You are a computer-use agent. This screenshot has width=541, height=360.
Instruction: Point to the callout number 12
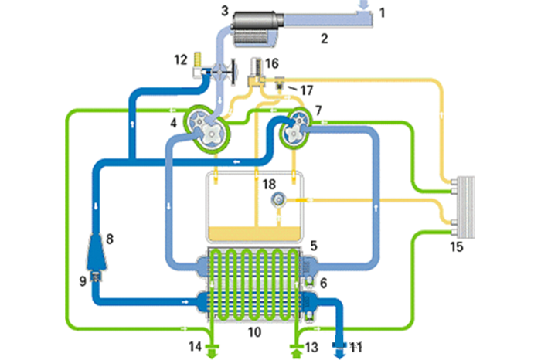(x=181, y=59)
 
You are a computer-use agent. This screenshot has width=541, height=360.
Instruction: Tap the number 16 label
(x=271, y=63)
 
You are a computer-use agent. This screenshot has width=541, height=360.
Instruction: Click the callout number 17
(x=308, y=90)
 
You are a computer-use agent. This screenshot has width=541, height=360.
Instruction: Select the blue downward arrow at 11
(x=339, y=349)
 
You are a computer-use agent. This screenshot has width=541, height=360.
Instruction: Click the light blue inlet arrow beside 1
(x=364, y=5)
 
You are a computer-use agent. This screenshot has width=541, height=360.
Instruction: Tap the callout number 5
(x=313, y=245)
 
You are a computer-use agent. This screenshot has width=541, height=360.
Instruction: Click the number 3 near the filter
(x=224, y=11)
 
